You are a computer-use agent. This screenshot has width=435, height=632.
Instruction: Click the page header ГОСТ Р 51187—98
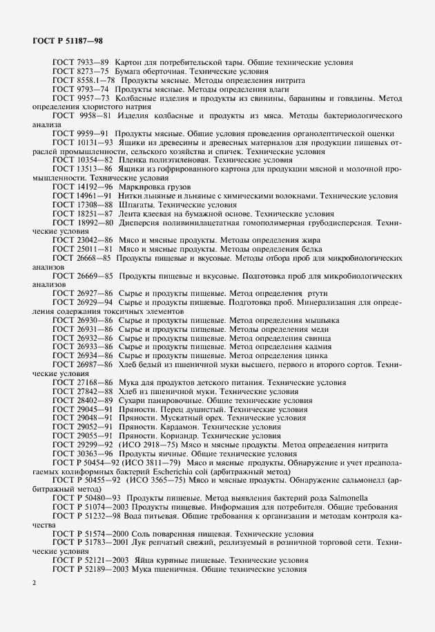(68, 41)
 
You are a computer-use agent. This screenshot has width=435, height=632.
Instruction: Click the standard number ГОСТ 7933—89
(81, 63)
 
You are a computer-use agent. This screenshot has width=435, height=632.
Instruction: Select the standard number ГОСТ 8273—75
(81, 72)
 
